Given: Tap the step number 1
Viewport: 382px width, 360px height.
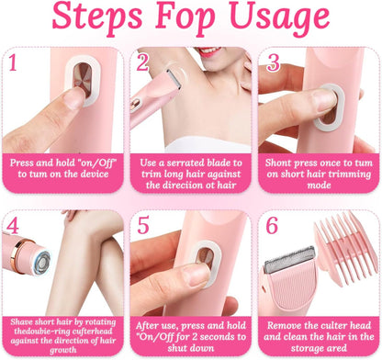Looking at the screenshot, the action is [x=13, y=62].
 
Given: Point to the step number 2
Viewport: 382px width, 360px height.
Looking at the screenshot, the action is [x=142, y=62].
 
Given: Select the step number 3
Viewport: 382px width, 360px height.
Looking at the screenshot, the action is [x=273, y=62].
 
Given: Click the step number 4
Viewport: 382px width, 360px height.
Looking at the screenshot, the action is [x=13, y=226].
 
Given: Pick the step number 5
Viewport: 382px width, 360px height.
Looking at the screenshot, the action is [x=142, y=225].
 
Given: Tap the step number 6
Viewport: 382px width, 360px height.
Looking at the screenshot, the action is [x=272, y=225].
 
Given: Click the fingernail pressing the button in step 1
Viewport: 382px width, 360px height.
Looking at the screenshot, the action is [x=73, y=98].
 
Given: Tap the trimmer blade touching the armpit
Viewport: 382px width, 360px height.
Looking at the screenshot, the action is [x=174, y=79].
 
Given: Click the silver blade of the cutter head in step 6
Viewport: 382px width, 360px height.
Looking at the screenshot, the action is [x=289, y=259].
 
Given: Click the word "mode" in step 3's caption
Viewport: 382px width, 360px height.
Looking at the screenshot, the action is [x=319, y=186].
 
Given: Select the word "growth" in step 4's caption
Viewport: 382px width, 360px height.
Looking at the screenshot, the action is [x=63, y=350].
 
